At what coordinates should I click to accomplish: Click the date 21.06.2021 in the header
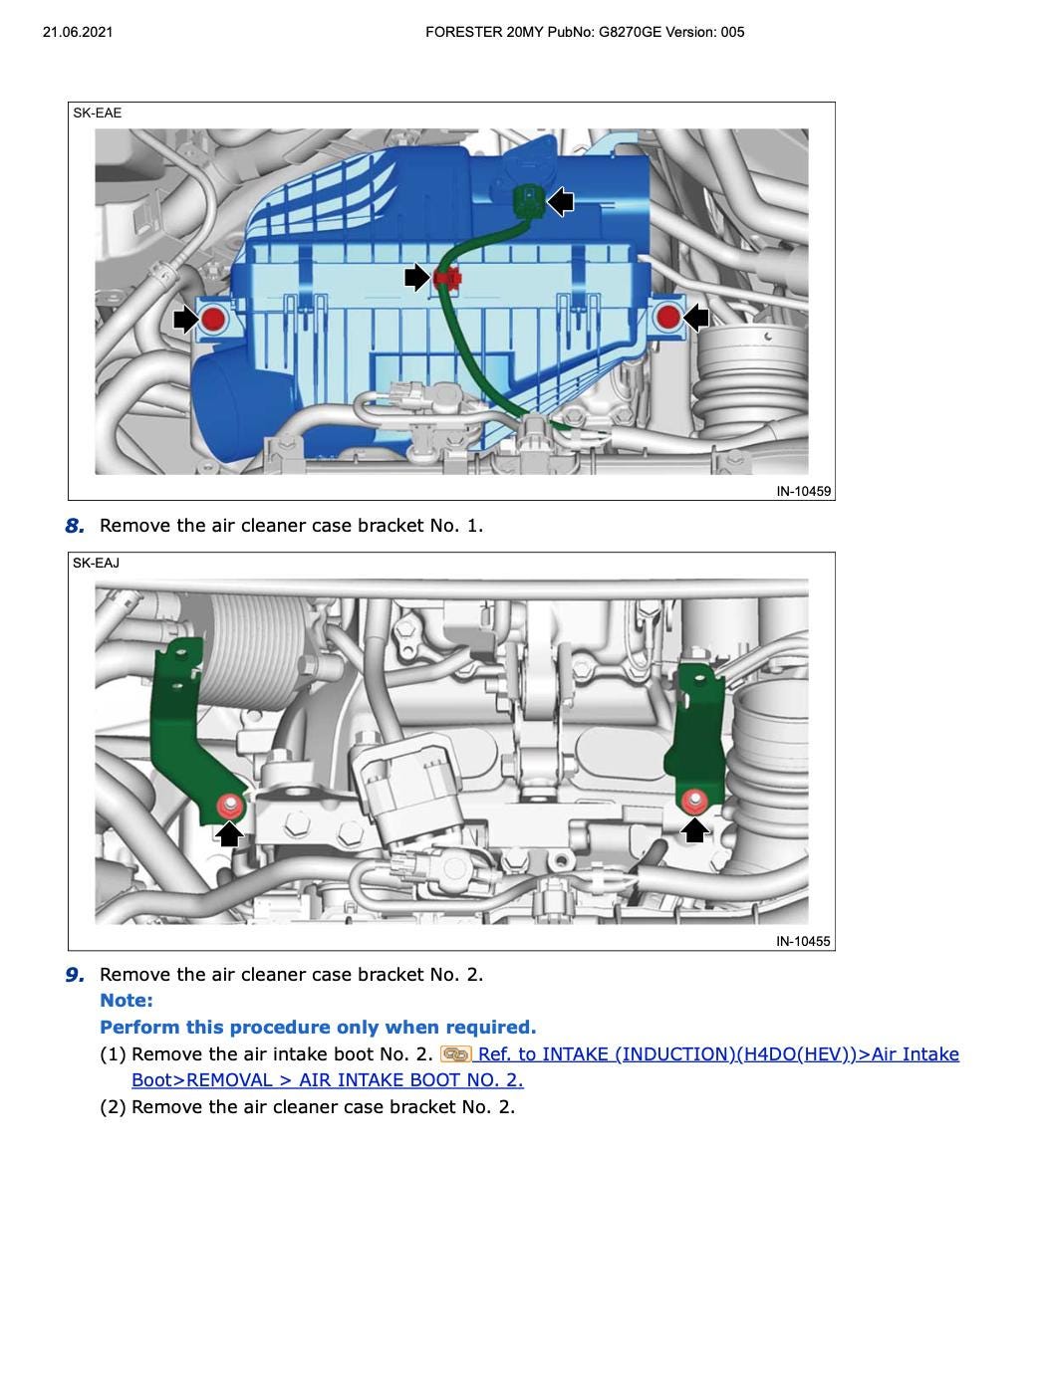click(x=78, y=32)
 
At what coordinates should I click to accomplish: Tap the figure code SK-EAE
click(x=97, y=113)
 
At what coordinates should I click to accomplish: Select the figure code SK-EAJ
click(x=96, y=563)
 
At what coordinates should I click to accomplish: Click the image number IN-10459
click(x=803, y=491)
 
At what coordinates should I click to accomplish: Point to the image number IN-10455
click(x=803, y=941)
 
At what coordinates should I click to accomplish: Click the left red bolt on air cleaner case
click(x=213, y=320)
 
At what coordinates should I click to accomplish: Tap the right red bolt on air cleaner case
click(x=668, y=318)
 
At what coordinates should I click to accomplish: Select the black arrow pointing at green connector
click(x=561, y=202)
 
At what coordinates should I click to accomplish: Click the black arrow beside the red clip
click(x=416, y=278)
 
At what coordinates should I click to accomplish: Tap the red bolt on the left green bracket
click(x=229, y=805)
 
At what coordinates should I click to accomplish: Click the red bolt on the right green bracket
click(x=694, y=799)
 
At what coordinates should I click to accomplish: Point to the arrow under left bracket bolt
click(x=229, y=833)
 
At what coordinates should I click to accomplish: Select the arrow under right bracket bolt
click(x=694, y=828)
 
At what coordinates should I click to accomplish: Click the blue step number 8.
click(x=75, y=526)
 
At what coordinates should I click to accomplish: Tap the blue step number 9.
click(x=75, y=975)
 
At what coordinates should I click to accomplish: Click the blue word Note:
click(x=127, y=1001)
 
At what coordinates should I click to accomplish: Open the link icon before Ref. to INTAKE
click(x=455, y=1054)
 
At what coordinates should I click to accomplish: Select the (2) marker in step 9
click(x=113, y=1107)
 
